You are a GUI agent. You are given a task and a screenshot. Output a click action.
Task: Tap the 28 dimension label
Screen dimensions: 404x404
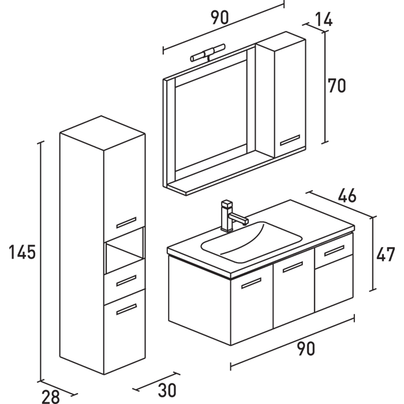(51, 395)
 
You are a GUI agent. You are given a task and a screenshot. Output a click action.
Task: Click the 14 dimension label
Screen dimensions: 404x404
(324, 20)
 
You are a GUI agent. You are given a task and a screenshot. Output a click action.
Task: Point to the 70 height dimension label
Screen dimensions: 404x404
(336, 85)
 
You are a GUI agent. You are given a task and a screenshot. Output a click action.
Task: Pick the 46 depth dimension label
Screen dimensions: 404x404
(346, 196)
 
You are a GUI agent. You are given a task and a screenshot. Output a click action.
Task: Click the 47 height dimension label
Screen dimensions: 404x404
(386, 254)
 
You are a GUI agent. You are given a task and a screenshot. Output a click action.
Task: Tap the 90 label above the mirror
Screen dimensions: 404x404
(219, 18)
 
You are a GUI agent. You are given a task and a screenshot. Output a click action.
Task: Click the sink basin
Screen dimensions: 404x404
(251, 239)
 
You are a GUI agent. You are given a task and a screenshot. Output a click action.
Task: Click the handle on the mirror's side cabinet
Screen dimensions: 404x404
(290, 139)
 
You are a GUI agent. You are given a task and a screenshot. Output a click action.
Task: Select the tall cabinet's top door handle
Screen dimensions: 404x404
(126, 222)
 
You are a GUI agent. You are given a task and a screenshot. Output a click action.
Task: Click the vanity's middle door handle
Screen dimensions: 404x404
(293, 267)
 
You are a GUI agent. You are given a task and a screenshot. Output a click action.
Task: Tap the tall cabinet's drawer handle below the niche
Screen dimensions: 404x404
(126, 280)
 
